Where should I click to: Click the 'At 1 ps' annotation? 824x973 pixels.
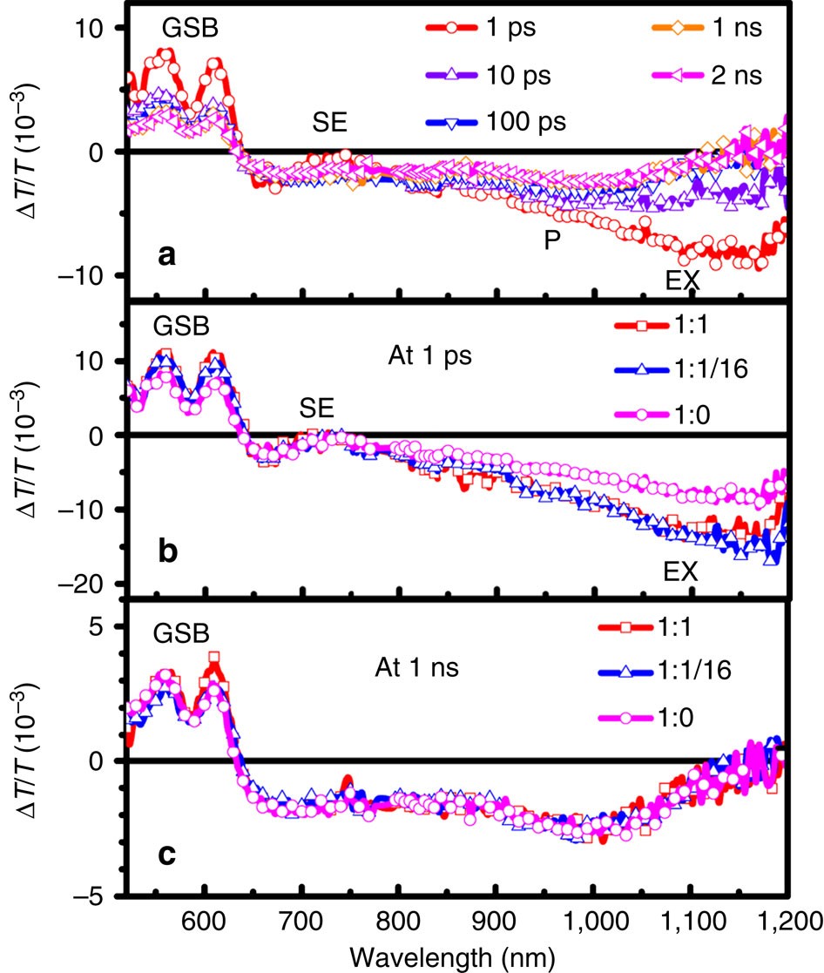[x=428, y=356]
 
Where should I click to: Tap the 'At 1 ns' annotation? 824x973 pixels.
[x=429, y=670]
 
